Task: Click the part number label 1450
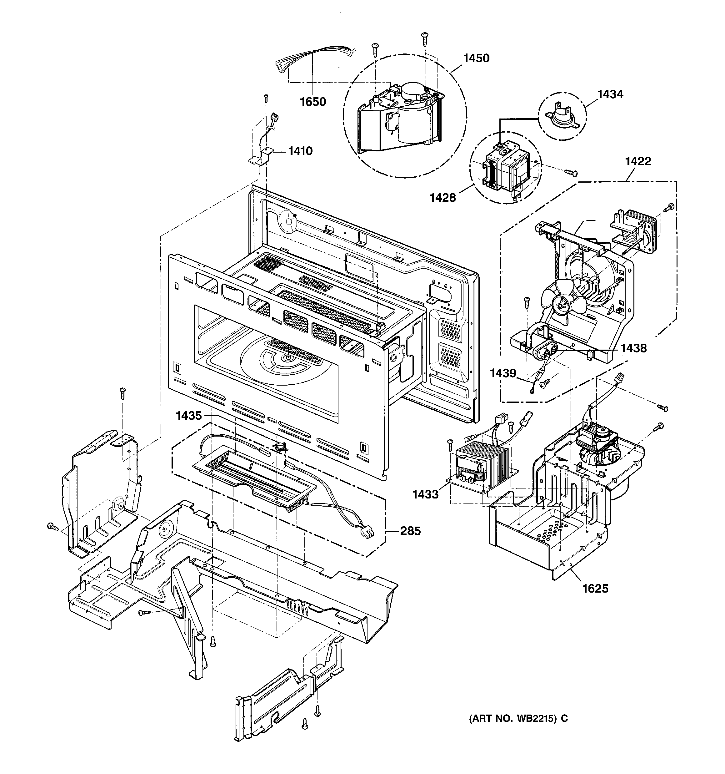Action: (x=476, y=58)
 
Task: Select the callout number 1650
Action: (x=313, y=102)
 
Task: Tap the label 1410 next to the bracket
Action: (x=300, y=151)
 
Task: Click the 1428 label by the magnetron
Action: (x=442, y=198)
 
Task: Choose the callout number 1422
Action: (x=638, y=161)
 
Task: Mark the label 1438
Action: (x=633, y=348)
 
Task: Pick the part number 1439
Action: (x=502, y=373)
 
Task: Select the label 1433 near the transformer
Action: (x=425, y=494)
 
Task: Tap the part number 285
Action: (x=410, y=531)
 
